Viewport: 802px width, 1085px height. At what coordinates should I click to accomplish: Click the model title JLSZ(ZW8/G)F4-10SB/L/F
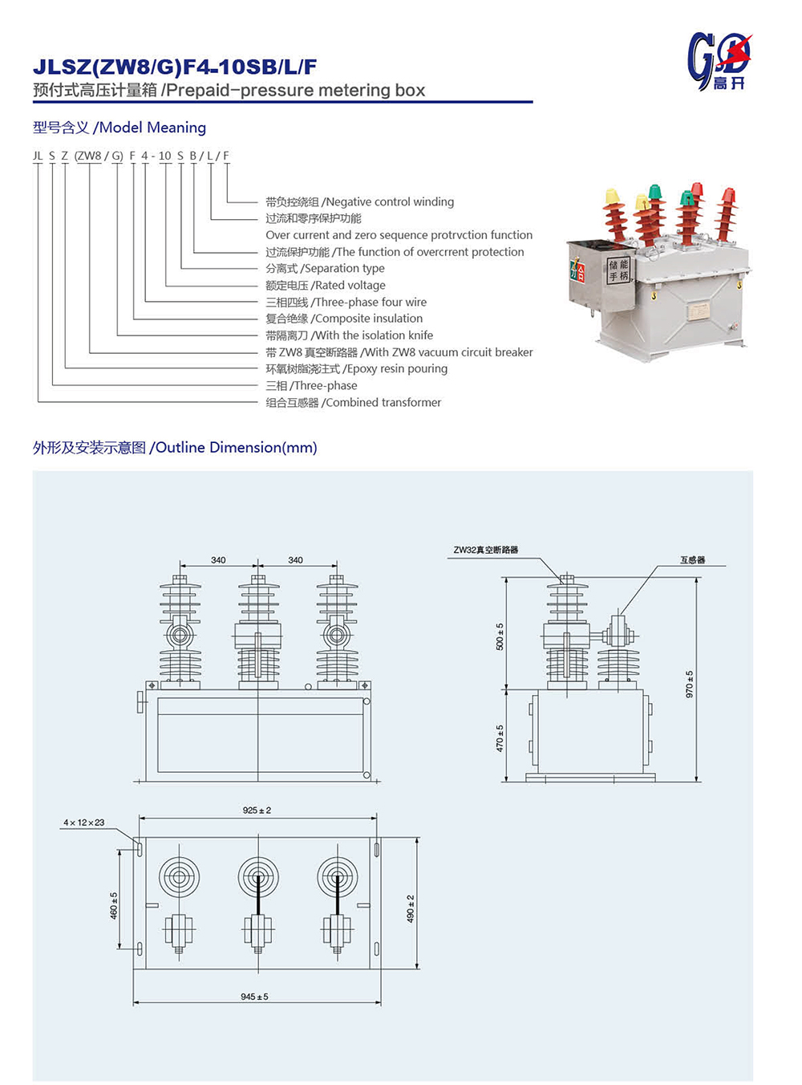(x=175, y=67)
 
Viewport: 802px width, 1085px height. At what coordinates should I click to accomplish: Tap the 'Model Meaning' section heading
(x=119, y=128)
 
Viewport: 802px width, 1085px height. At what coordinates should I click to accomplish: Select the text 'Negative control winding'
(x=360, y=201)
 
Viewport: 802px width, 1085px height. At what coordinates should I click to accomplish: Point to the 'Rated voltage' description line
(x=326, y=285)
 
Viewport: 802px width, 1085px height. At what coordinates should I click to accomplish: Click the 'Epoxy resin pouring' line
(x=357, y=368)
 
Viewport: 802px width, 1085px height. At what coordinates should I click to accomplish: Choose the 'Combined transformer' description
(x=354, y=402)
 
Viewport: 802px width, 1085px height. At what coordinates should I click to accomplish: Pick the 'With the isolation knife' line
(x=350, y=335)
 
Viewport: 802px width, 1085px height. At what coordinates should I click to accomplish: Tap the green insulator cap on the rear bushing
(x=654, y=191)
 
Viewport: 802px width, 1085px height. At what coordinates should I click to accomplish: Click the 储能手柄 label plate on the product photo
(x=618, y=270)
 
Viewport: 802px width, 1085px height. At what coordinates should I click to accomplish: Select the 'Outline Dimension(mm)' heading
(x=175, y=448)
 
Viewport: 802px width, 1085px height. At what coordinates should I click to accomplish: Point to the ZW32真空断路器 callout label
(x=486, y=550)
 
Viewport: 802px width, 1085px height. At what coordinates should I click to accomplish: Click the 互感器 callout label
(x=692, y=560)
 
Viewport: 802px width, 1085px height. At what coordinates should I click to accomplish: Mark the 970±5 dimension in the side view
(x=689, y=684)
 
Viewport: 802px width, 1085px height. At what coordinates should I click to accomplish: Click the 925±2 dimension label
(x=257, y=811)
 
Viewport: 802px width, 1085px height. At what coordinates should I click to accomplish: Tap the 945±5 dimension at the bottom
(x=254, y=997)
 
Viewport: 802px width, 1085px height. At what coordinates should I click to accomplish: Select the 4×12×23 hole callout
(x=84, y=823)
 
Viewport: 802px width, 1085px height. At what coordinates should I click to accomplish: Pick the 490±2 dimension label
(x=411, y=908)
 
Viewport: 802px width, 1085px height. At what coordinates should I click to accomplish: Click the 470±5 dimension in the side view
(x=500, y=738)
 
